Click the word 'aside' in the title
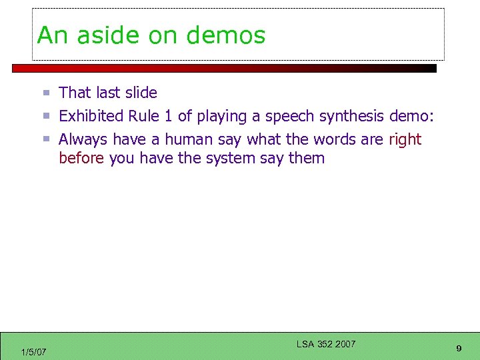[x=109, y=35]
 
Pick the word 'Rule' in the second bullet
[x=143, y=116]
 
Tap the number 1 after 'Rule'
[x=169, y=116]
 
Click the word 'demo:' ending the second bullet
[x=413, y=116]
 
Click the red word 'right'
[x=405, y=140]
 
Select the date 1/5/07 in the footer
[x=33, y=352]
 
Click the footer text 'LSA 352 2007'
[x=326, y=344]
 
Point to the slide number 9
[x=459, y=349]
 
